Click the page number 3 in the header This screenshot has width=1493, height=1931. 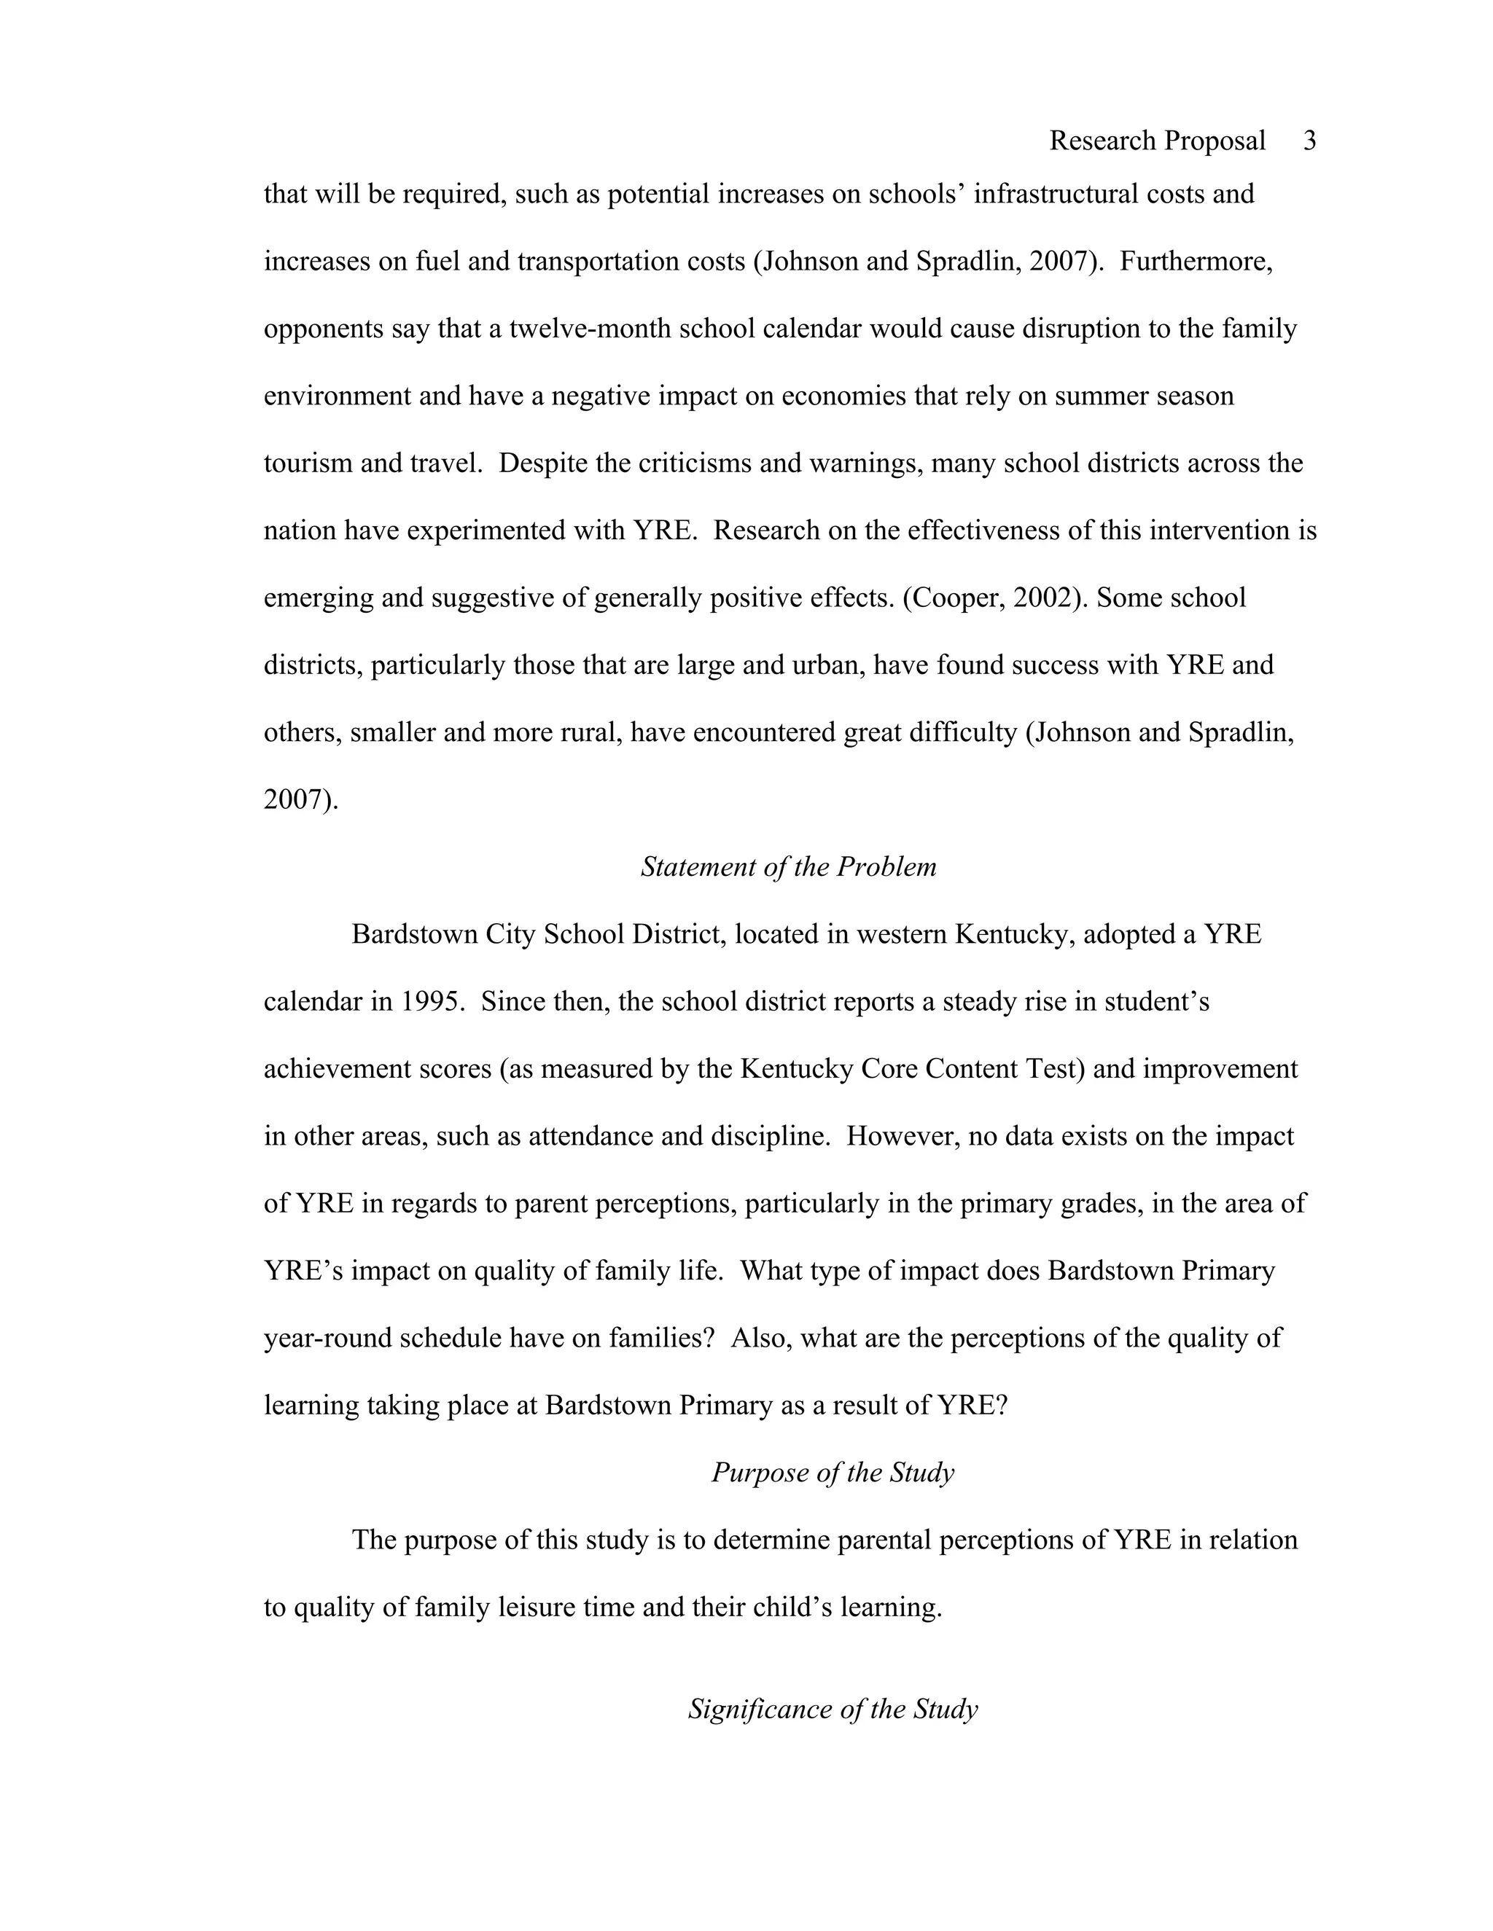tap(1309, 141)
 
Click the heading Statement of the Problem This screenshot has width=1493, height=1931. tap(788, 867)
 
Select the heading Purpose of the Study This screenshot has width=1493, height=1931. tap(833, 1472)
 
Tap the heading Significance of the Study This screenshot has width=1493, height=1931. tap(833, 1709)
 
